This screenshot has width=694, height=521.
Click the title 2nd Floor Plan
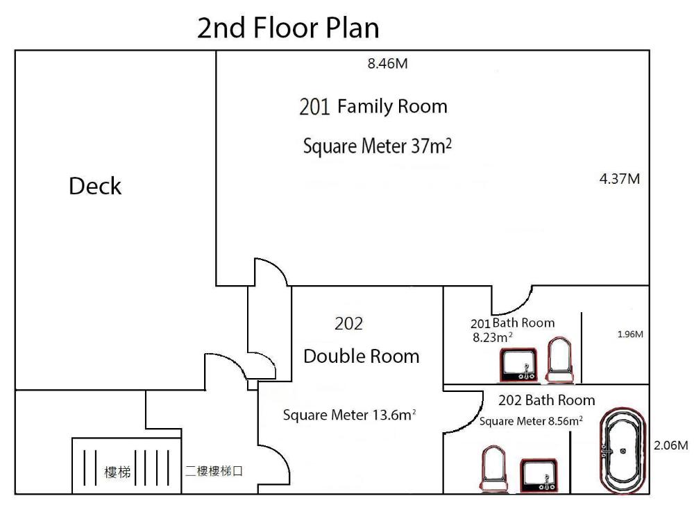pyautogui.click(x=288, y=28)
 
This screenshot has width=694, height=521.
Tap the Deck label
pyautogui.click(x=95, y=186)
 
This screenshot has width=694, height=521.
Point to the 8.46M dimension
pyautogui.click(x=388, y=64)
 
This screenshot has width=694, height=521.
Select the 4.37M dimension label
pyautogui.click(x=620, y=179)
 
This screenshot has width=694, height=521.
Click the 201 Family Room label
pyautogui.click(x=373, y=107)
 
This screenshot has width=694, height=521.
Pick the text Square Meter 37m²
pyautogui.click(x=378, y=146)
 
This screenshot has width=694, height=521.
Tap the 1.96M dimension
pyautogui.click(x=630, y=334)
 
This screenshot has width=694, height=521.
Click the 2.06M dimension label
pyautogui.click(x=671, y=445)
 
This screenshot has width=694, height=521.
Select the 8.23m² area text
pyautogui.click(x=493, y=337)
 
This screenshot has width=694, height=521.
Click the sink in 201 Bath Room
pyautogui.click(x=518, y=365)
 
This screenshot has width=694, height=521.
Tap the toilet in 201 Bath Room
pyautogui.click(x=560, y=360)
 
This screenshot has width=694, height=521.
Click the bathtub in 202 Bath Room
pyautogui.click(x=623, y=451)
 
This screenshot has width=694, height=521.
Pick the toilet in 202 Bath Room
pyautogui.click(x=493, y=469)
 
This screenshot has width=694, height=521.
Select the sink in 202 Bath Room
pyautogui.click(x=539, y=475)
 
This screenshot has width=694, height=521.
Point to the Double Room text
pyautogui.click(x=361, y=357)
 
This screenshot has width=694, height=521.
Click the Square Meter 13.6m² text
pyautogui.click(x=349, y=415)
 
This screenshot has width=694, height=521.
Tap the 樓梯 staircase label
pyautogui.click(x=117, y=472)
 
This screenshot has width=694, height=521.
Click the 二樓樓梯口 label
pyautogui.click(x=214, y=471)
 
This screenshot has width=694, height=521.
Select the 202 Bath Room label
pyautogui.click(x=547, y=400)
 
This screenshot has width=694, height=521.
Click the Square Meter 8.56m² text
pyautogui.click(x=531, y=421)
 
